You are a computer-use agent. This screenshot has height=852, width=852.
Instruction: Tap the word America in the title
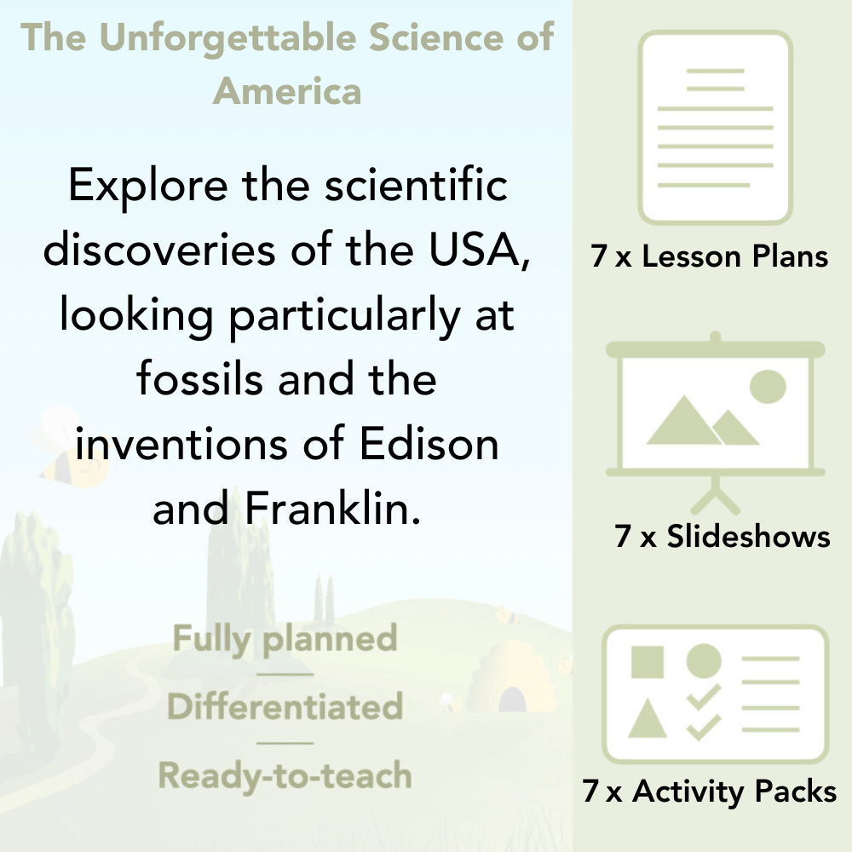click(x=287, y=90)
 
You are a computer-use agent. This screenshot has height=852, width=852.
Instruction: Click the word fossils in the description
click(x=201, y=379)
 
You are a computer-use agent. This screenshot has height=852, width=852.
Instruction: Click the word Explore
click(x=142, y=187)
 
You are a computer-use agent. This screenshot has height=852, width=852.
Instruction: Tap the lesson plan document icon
click(x=716, y=128)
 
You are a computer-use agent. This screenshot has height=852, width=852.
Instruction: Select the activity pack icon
click(x=716, y=694)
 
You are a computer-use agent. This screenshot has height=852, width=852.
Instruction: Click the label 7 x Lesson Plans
click(x=710, y=256)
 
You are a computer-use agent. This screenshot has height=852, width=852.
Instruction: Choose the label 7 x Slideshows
click(x=722, y=536)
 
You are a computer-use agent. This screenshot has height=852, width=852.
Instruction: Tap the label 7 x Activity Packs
click(x=710, y=792)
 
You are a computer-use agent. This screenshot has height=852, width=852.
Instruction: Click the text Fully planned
click(x=285, y=639)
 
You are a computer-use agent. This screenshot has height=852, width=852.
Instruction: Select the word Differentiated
click(x=285, y=707)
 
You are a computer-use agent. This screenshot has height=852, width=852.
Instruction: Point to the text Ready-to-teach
click(x=285, y=775)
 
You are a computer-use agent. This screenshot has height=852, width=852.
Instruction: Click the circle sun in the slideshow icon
click(x=767, y=385)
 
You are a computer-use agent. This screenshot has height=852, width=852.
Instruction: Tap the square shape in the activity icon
click(x=648, y=662)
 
